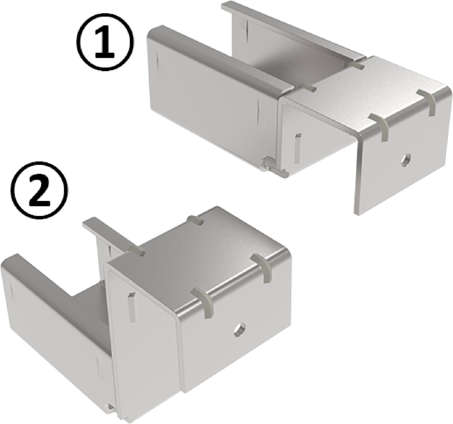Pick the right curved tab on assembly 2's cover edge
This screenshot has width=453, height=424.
pos(263,268)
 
